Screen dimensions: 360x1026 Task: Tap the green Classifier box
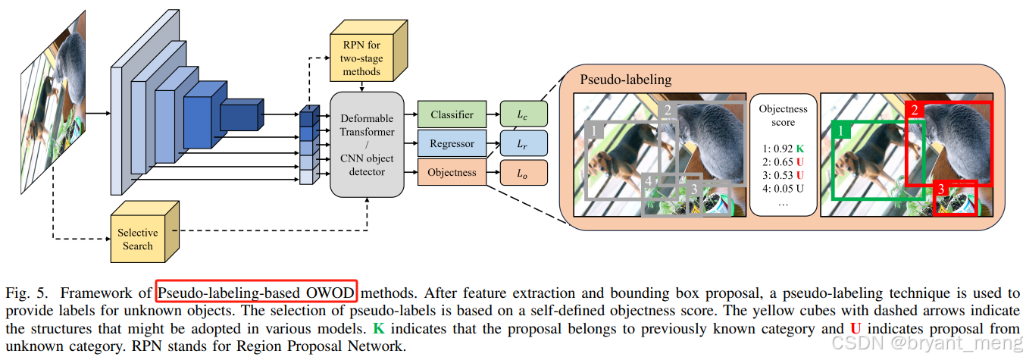[452, 115]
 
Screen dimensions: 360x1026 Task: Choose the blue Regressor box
[452, 144]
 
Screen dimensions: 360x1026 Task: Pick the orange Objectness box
[452, 173]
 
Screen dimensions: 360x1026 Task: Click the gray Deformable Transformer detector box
[367, 143]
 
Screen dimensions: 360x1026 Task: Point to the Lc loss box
[523, 115]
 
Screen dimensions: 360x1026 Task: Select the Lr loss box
[523, 144]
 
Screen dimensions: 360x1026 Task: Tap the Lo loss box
[523, 173]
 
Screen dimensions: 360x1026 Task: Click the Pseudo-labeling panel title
[625, 80]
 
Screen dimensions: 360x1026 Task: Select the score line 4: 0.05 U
[784, 189]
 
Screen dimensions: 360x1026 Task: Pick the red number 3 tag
[942, 190]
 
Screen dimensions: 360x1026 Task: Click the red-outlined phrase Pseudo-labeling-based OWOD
[256, 292]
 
